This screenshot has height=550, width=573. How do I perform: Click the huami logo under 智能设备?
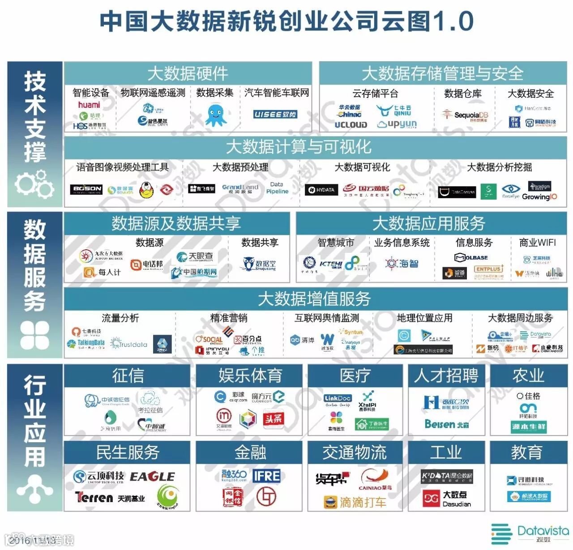[89, 105]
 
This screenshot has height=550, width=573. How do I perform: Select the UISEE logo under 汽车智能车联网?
[275, 115]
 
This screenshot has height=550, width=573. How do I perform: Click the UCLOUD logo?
[351, 125]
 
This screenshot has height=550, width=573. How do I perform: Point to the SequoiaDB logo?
[465, 115]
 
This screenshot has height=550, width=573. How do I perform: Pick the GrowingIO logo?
[539, 196]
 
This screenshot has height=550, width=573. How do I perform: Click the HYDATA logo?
[321, 190]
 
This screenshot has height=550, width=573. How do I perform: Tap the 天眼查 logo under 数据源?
[195, 256]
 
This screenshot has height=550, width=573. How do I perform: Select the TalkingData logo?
[86, 344]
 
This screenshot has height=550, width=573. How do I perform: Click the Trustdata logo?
[129, 344]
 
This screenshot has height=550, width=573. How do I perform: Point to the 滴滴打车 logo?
[355, 502]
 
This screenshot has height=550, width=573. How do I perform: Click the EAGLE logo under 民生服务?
[152, 477]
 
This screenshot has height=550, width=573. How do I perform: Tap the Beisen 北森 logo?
[446, 424]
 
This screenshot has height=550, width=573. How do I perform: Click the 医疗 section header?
[355, 375]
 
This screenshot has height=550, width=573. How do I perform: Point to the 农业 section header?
[528, 375]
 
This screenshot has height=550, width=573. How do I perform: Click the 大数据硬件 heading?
[188, 73]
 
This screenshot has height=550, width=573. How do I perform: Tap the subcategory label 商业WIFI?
[537, 243]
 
